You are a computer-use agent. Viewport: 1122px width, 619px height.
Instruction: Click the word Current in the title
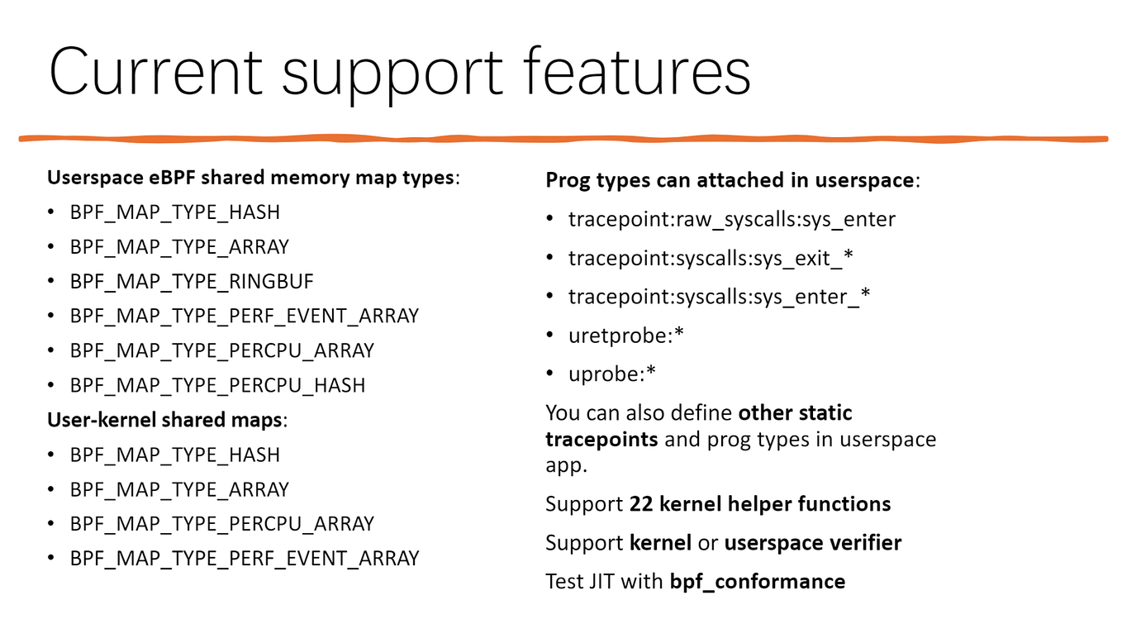click(x=156, y=73)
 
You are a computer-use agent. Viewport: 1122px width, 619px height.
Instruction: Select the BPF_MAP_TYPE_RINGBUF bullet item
click(x=192, y=282)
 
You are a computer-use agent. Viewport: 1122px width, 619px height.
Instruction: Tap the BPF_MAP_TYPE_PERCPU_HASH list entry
click(x=217, y=386)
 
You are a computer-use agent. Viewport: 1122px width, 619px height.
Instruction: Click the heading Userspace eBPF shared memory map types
click(x=250, y=178)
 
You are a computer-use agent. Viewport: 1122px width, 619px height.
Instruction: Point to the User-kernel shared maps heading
click(x=164, y=420)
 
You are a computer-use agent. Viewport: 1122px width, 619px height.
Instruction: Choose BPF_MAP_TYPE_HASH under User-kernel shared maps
click(x=175, y=455)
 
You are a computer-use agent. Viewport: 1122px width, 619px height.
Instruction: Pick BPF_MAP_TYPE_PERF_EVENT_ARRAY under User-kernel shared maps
click(x=245, y=559)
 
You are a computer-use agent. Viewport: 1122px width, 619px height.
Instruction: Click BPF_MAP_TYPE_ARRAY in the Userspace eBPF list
click(x=179, y=247)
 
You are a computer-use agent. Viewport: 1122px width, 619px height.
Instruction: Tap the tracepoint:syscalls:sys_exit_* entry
click(x=711, y=259)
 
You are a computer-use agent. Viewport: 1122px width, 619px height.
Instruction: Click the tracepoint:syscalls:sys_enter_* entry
click(x=719, y=297)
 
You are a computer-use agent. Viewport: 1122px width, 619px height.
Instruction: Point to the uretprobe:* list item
click(x=626, y=336)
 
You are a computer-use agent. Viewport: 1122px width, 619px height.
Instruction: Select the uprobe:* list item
click(x=611, y=374)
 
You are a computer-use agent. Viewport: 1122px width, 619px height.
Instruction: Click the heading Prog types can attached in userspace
click(x=730, y=180)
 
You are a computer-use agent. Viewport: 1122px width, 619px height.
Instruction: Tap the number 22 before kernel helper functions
click(x=640, y=504)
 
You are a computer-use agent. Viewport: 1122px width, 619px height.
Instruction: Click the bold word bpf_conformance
click(x=757, y=582)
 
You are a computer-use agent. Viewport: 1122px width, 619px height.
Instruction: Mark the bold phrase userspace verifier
click(x=812, y=543)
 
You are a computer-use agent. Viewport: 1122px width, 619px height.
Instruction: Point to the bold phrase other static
click(x=795, y=412)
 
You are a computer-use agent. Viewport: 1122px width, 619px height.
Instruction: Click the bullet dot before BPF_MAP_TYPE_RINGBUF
click(x=52, y=282)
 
